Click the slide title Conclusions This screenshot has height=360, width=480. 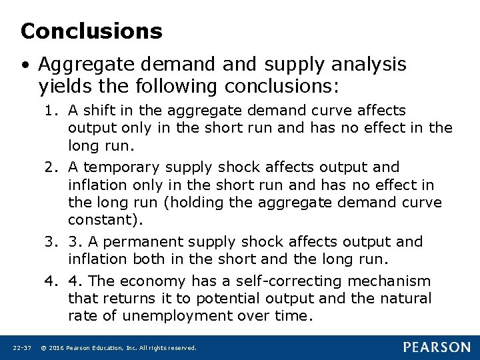[91, 31]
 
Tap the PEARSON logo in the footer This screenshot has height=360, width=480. [436, 347]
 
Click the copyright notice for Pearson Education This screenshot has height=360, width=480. [119, 348]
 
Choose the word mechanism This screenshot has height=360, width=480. [392, 281]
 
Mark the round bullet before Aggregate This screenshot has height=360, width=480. [25, 65]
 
